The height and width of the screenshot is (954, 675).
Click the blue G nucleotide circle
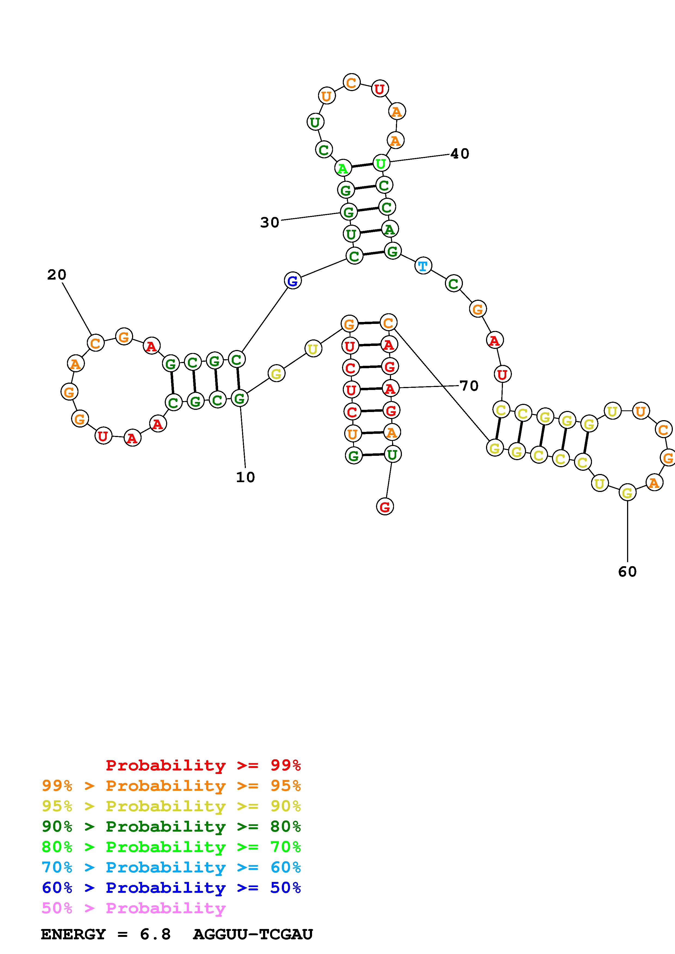pyautogui.click(x=293, y=281)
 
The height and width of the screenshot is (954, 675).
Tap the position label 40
pyautogui.click(x=460, y=154)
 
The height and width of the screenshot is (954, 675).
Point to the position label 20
pyautogui.click(x=57, y=275)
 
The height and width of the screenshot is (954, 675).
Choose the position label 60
pyautogui.click(x=627, y=572)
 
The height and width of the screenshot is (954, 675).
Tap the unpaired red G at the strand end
pyautogui.click(x=385, y=506)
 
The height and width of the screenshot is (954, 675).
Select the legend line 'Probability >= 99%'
pyautogui.click(x=203, y=765)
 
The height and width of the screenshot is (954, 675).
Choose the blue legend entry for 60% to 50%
pyautogui.click(x=171, y=888)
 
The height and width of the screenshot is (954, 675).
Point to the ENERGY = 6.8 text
pyautogui.click(x=106, y=934)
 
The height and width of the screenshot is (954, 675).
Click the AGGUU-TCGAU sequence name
pyautogui.click(x=253, y=934)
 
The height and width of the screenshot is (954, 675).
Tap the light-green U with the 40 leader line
pyautogui.click(x=381, y=163)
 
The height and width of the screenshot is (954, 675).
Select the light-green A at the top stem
pyautogui.click(x=343, y=168)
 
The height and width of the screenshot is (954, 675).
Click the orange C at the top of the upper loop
pyautogui.click(x=352, y=82)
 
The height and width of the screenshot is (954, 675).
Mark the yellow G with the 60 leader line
pyautogui.click(x=627, y=493)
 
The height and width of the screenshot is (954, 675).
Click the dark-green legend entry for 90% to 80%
pyautogui.click(x=171, y=826)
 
